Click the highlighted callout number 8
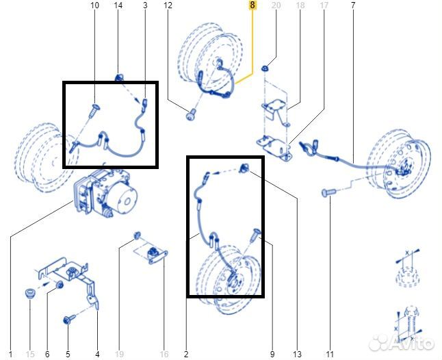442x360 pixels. click(x=252, y=5)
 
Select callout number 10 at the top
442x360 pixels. click(x=95, y=5)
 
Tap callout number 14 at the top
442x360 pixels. click(x=118, y=5)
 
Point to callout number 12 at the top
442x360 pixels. click(x=168, y=5)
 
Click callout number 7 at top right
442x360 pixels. click(x=353, y=5)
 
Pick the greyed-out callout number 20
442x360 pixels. click(x=276, y=5)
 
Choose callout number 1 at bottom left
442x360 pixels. click(x=11, y=354)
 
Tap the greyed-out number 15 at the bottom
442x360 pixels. click(x=30, y=354)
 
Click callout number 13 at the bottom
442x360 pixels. click(x=297, y=354)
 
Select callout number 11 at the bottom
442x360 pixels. click(x=330, y=354)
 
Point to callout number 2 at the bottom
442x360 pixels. click(x=186, y=354)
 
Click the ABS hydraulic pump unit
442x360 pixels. click(x=105, y=194)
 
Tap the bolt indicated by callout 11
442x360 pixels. click(x=329, y=192)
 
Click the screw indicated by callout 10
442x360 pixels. click(x=94, y=110)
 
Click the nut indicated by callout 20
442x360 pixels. click(x=264, y=68)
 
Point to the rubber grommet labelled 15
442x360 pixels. click(x=29, y=294)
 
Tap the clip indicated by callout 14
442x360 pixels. click(x=119, y=77)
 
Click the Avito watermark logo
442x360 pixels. click(x=402, y=342)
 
